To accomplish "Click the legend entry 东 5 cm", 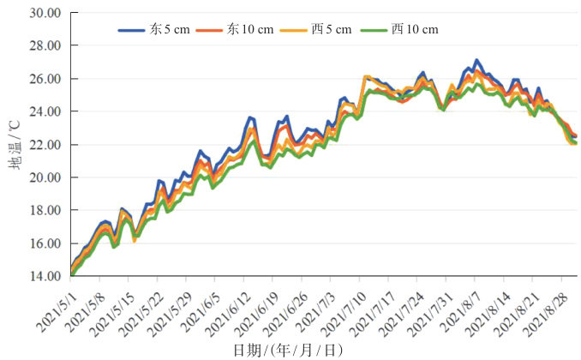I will [169, 29].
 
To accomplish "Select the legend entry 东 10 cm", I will [249, 29].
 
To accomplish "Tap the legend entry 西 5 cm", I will [331, 29].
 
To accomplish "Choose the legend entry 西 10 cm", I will [414, 29].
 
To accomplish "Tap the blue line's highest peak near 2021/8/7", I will [476, 60].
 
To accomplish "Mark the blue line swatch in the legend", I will [132, 29].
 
